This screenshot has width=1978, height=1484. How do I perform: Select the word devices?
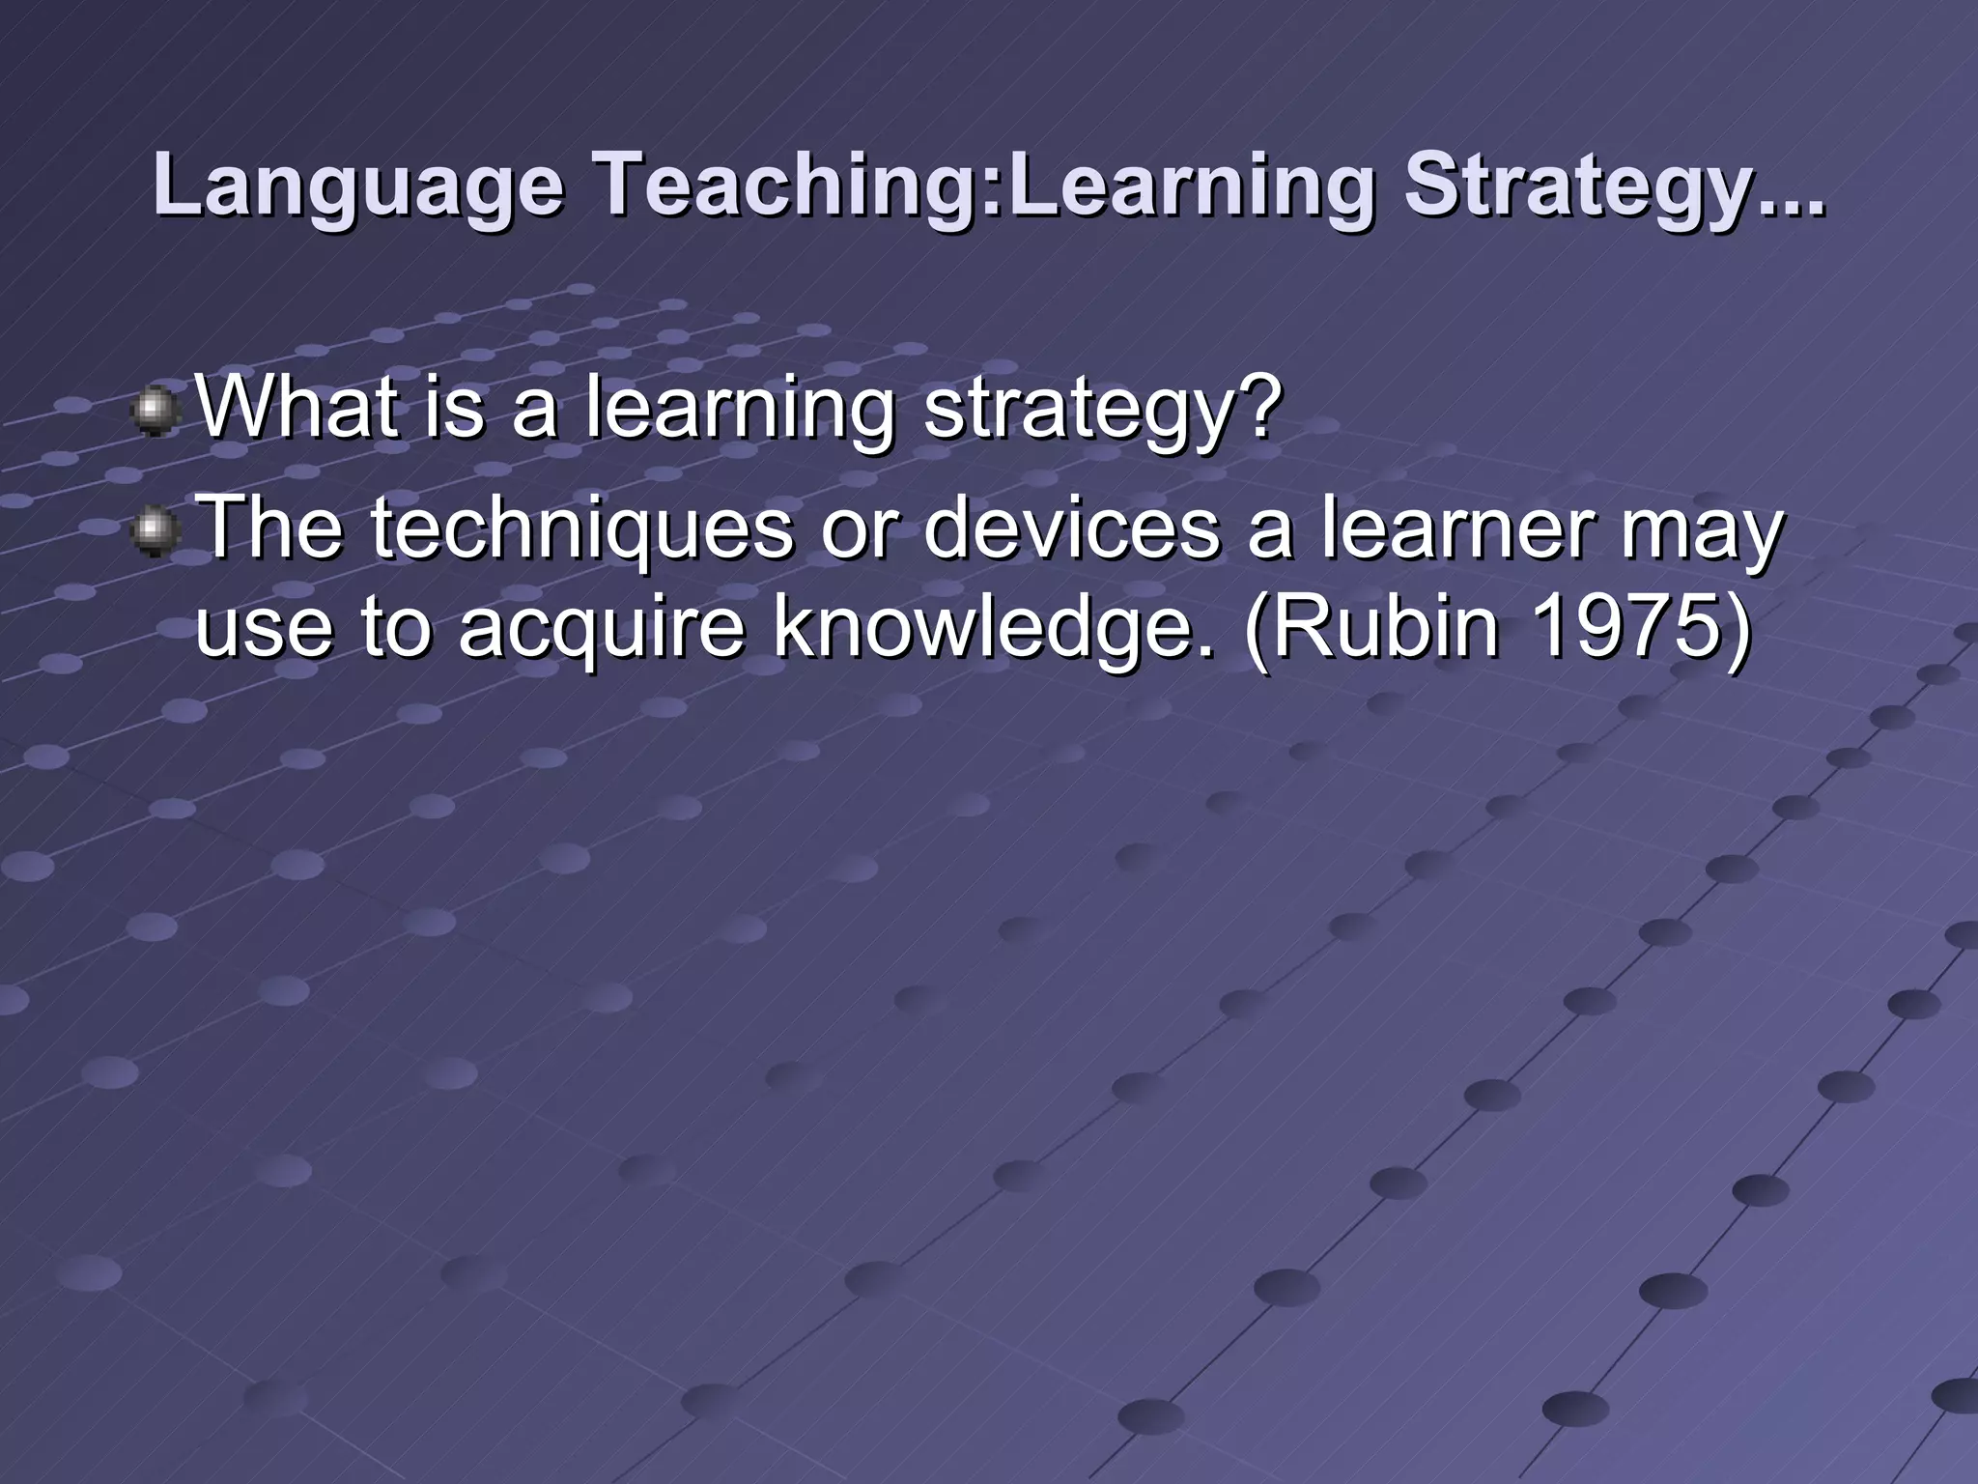click(x=1071, y=529)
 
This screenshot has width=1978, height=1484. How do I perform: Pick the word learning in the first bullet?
click(x=740, y=408)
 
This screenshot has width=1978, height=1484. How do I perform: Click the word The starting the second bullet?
click(x=270, y=529)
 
